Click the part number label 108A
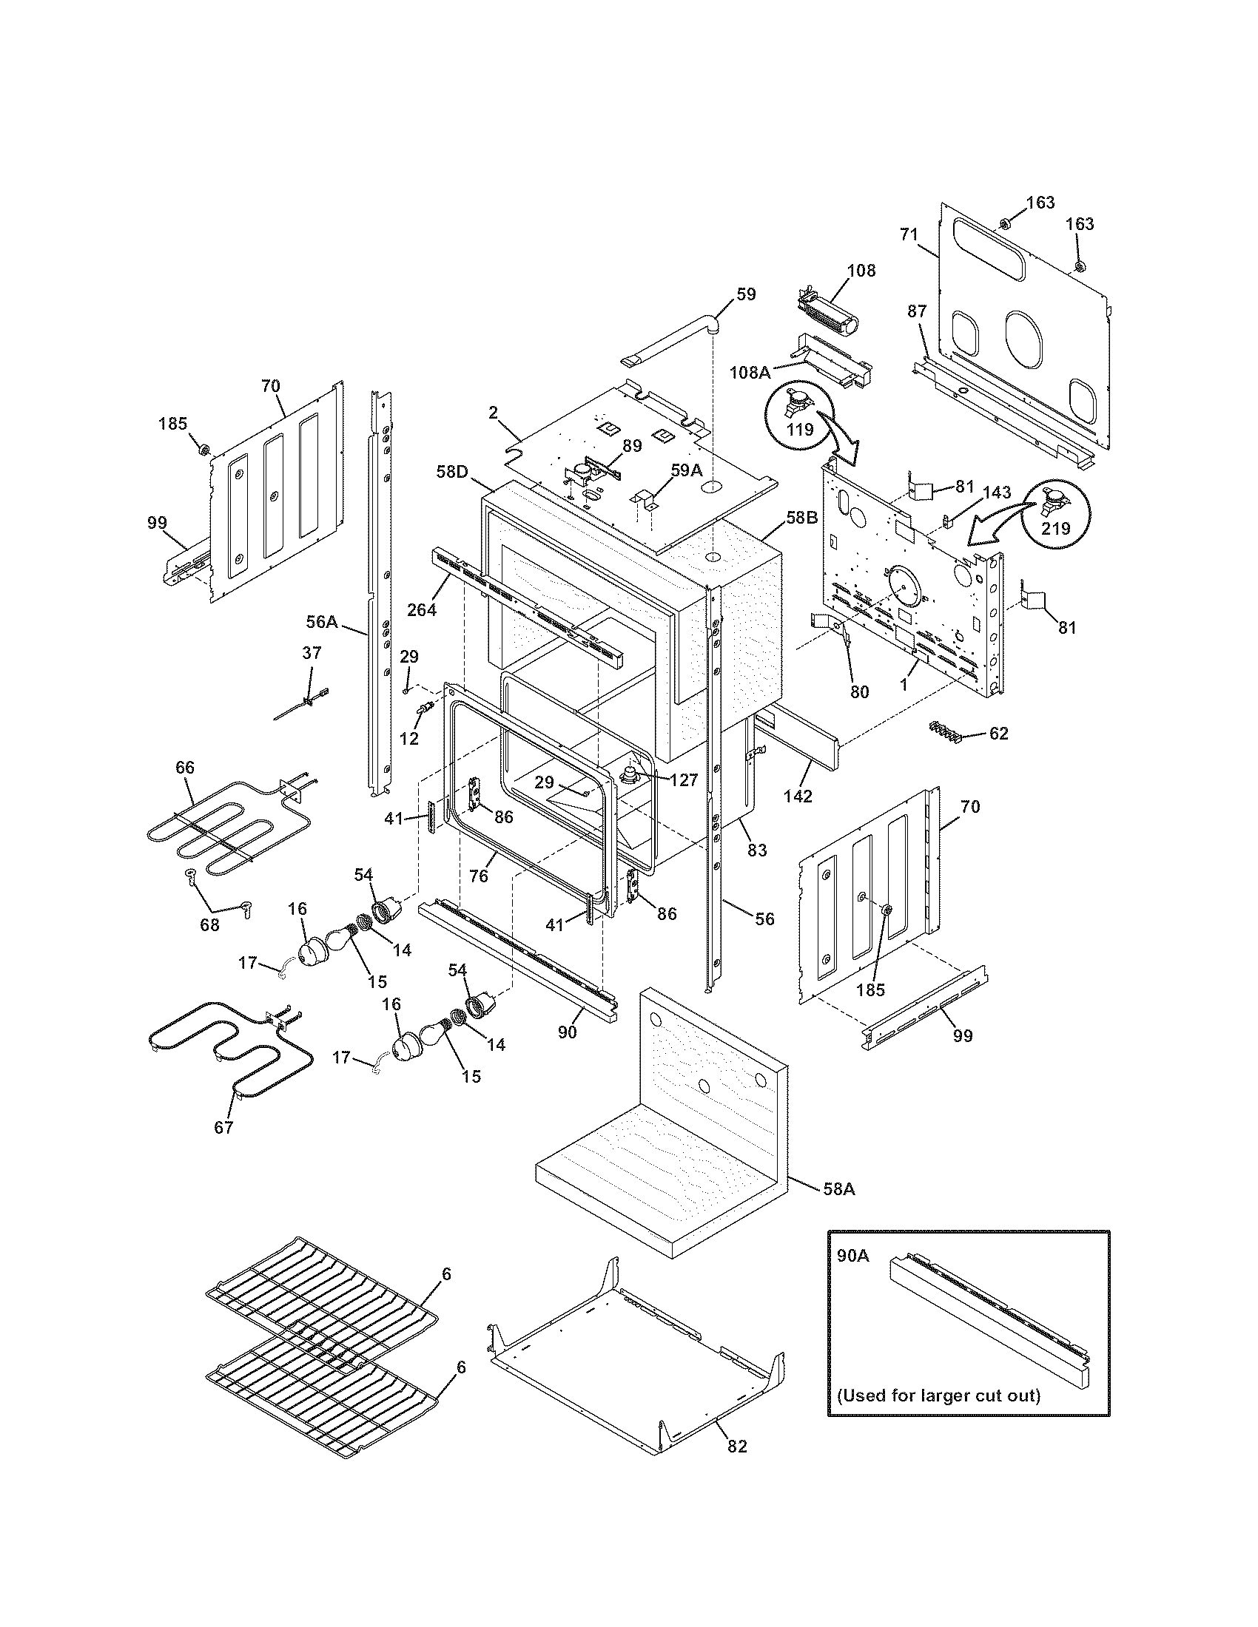click(750, 372)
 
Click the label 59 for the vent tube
click(745, 294)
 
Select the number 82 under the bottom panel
click(736, 1467)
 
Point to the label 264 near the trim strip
click(421, 609)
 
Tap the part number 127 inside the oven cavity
click(683, 780)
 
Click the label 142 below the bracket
click(798, 796)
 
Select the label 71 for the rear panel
click(909, 234)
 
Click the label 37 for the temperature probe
click(312, 653)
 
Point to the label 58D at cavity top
click(452, 472)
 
